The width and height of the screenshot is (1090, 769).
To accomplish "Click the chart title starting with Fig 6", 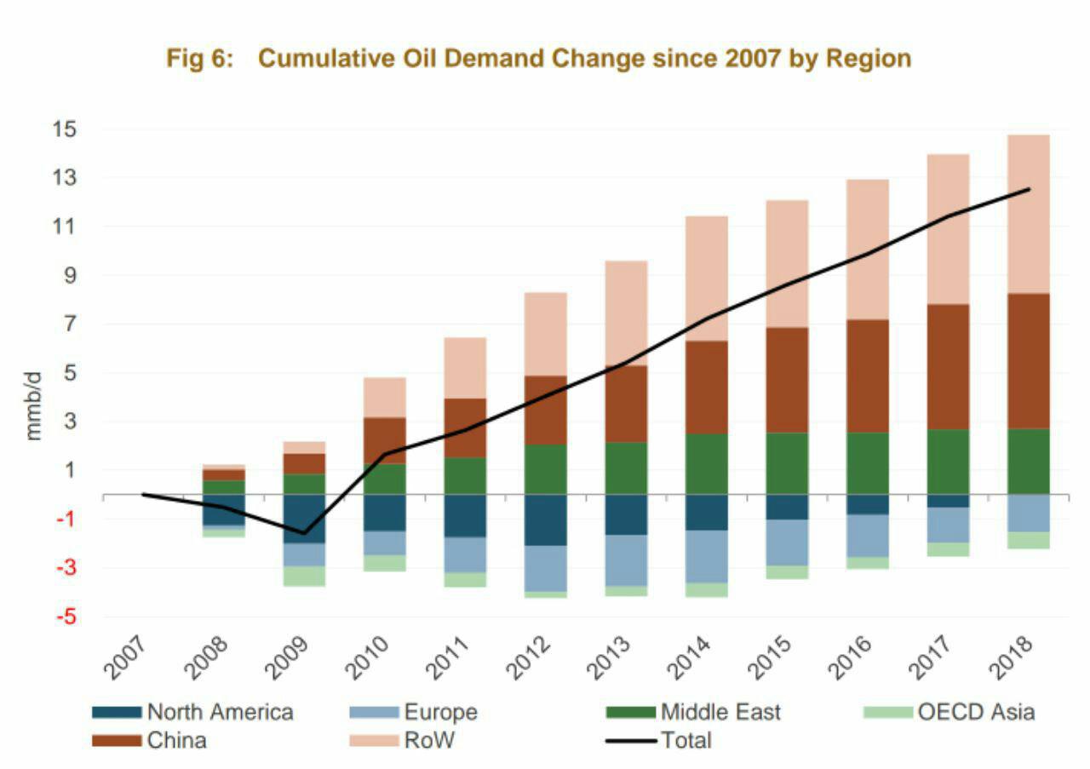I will point(538,59).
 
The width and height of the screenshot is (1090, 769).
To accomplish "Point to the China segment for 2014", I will point(706,387).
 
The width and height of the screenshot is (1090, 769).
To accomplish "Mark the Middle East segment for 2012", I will point(545,469).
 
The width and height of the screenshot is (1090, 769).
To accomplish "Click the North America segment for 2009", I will point(304,519).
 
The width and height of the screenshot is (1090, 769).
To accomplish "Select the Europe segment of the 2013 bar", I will point(626,560).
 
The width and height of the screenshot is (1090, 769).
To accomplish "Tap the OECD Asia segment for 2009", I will point(304,576).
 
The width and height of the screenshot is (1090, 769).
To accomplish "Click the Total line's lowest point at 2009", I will point(304,533).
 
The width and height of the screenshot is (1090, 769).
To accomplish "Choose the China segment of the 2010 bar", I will point(385,441).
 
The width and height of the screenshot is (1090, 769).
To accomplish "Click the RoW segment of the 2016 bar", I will point(868,250).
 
